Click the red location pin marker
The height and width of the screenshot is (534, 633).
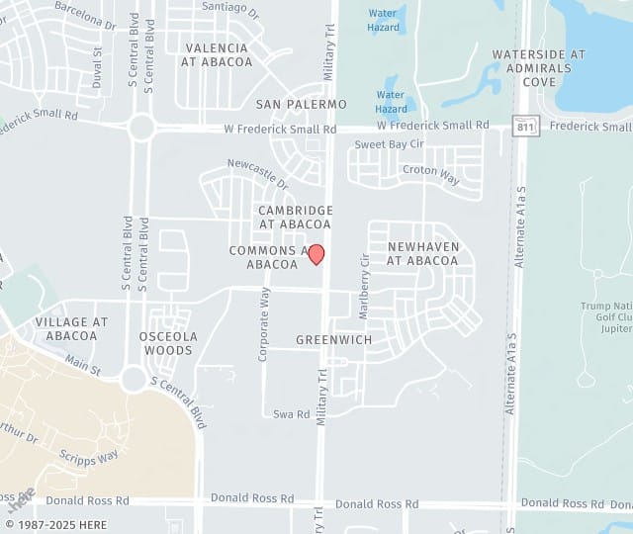pos(316,254)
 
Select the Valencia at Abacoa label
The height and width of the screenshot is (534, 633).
pos(217,54)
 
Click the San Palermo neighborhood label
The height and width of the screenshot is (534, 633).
pos(302,104)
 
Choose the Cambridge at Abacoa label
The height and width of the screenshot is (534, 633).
pos(296,218)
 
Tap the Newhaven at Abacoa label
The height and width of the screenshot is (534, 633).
pos(422,253)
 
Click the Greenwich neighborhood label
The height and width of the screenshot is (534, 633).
pos(334,340)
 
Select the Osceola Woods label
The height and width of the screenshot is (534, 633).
pos(167,343)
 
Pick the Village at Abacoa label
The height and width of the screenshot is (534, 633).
pos(71,329)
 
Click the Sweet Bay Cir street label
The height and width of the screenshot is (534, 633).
pos(390,144)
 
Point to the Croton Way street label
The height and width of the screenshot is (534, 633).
pos(431,175)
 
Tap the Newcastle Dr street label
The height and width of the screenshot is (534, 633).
pos(257,174)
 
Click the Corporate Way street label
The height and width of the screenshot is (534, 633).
pos(264,323)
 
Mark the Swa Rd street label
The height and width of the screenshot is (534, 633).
pos(291,414)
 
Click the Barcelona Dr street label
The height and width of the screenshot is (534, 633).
pos(85,14)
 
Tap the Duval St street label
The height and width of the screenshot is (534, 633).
pos(97,67)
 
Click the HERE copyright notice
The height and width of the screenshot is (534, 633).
pos(56,525)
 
